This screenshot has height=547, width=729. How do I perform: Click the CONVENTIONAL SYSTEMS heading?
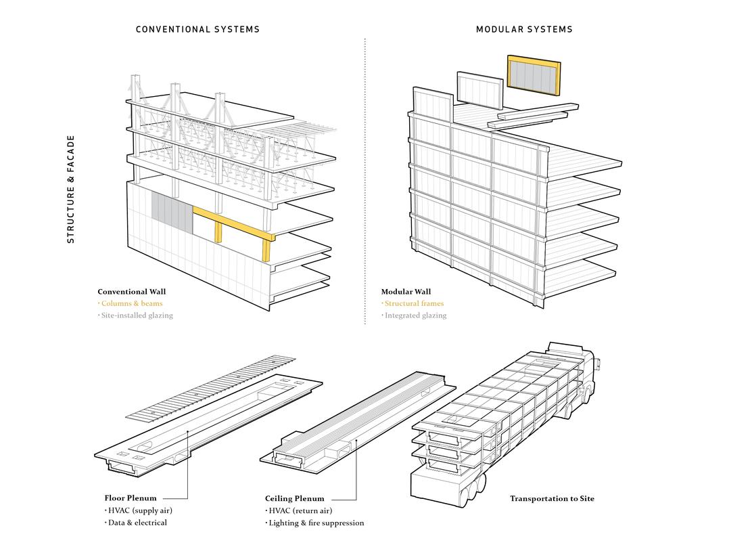click(x=197, y=29)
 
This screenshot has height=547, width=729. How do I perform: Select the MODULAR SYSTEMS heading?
click(x=524, y=29)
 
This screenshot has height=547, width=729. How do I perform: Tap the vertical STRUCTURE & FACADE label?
click(x=71, y=190)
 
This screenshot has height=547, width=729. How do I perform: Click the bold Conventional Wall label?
click(x=131, y=292)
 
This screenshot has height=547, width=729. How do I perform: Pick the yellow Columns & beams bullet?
click(x=132, y=303)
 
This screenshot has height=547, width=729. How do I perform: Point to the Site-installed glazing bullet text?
click(x=137, y=315)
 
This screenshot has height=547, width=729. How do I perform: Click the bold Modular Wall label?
click(x=406, y=292)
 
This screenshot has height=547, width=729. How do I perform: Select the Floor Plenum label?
click(x=131, y=498)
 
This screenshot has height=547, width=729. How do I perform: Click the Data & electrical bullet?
click(x=137, y=522)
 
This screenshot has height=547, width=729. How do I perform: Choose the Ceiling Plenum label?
click(x=294, y=498)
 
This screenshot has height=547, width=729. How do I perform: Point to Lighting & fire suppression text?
click(x=316, y=523)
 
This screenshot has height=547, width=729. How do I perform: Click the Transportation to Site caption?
click(x=552, y=498)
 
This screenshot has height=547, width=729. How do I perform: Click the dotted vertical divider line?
click(x=364, y=183)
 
